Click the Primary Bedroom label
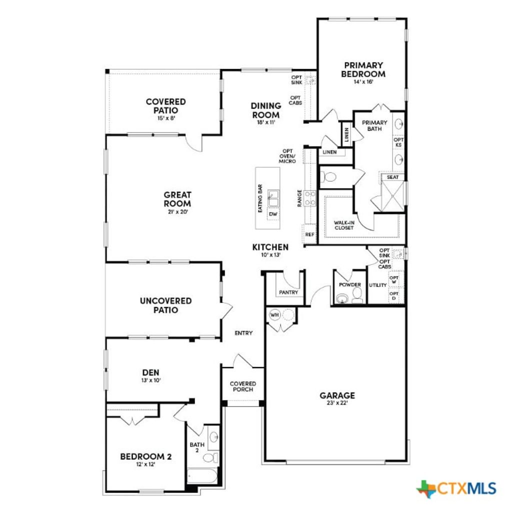tap(363, 69)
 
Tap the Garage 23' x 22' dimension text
tap(337, 403)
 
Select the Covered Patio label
tap(165, 105)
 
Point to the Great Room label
tap(177, 199)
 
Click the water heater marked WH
tap(274, 315)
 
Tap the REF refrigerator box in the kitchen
tap(309, 233)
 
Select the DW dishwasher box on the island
tap(273, 214)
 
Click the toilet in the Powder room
tap(357, 298)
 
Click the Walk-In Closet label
tap(344, 225)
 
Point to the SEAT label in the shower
tap(392, 177)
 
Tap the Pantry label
tap(289, 292)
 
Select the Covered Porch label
tap(243, 386)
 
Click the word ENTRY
tap(244, 333)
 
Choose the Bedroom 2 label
tap(146, 456)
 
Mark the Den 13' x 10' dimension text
tap(150, 380)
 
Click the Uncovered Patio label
tap(165, 305)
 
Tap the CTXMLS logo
tap(456, 487)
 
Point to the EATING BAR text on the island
tap(260, 198)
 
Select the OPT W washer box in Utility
tap(394, 280)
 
